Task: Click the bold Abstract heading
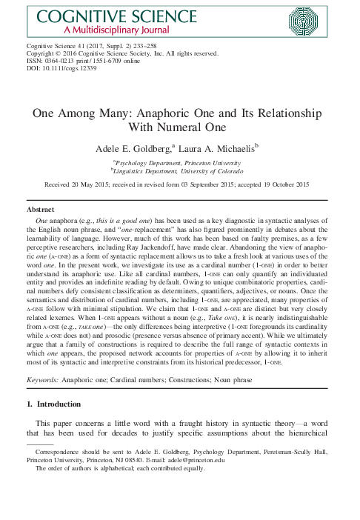(x=40, y=210)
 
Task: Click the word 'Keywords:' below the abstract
(x=47, y=379)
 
